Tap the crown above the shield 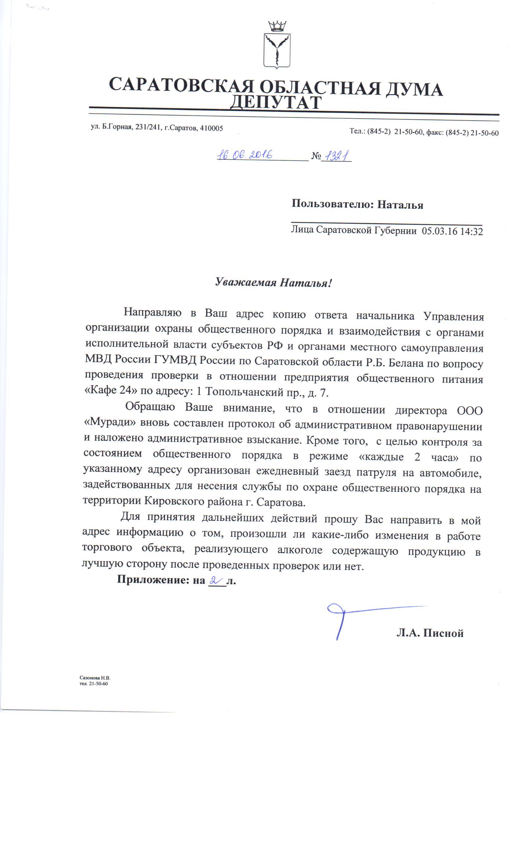[277, 26]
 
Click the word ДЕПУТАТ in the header [275, 103]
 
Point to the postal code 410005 [211, 128]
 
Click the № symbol [316, 156]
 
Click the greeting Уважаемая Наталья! [273, 282]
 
